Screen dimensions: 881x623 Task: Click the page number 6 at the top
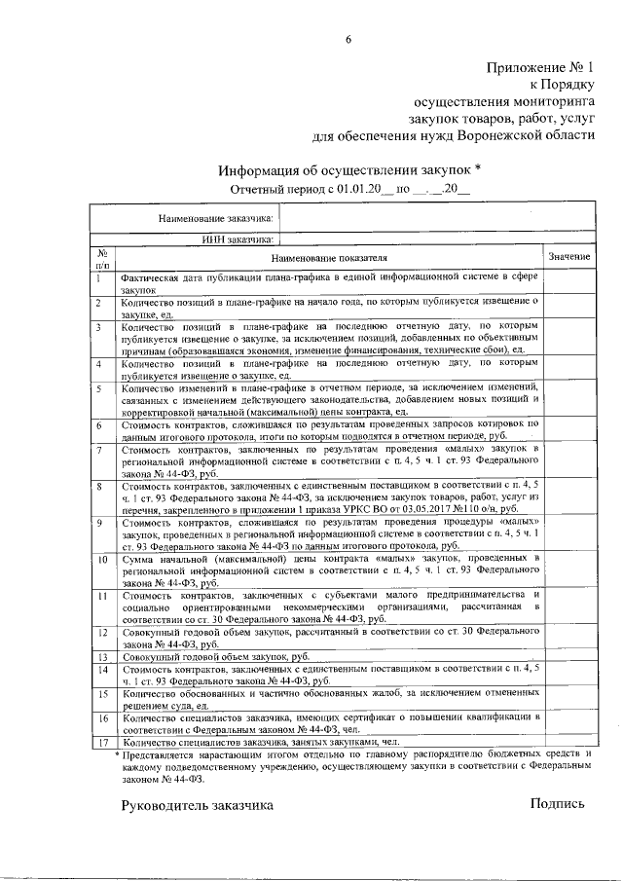tap(348, 39)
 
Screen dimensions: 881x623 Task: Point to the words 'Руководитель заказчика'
tap(198, 804)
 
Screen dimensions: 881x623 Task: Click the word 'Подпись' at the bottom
tap(558, 803)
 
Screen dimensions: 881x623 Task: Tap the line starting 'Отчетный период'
tap(349, 188)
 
